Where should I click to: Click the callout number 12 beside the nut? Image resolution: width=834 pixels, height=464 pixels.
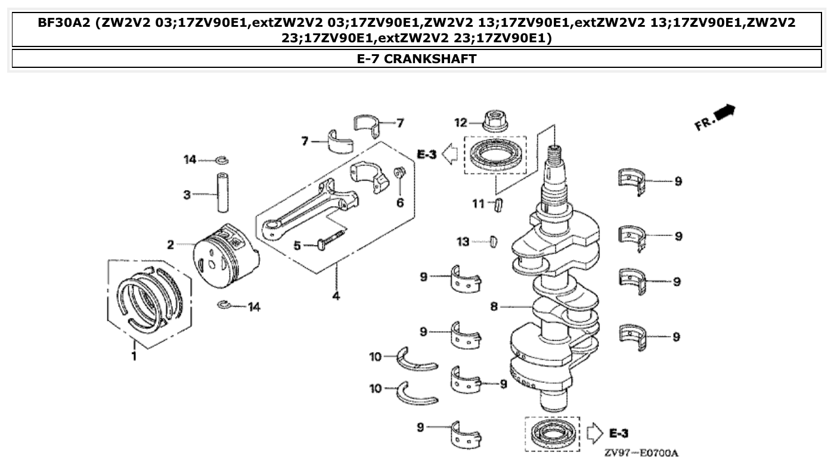[461, 123]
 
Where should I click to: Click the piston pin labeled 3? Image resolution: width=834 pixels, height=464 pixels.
[223, 192]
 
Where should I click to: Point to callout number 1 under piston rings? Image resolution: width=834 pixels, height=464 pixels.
[134, 356]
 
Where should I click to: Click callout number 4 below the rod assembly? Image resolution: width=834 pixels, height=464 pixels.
[336, 295]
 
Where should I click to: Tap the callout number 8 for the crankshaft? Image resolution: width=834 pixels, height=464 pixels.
[494, 307]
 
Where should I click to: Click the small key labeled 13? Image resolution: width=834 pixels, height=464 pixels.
[492, 241]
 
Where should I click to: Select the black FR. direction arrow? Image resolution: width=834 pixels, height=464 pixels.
[727, 113]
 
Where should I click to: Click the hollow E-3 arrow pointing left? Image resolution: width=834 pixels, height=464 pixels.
[452, 155]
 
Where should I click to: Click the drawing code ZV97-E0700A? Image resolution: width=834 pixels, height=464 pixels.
[641, 454]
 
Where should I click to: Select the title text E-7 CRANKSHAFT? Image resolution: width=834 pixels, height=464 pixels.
[417, 58]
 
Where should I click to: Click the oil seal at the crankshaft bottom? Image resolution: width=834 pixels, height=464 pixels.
[551, 434]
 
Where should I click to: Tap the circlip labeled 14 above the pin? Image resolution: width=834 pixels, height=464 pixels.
[222, 160]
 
